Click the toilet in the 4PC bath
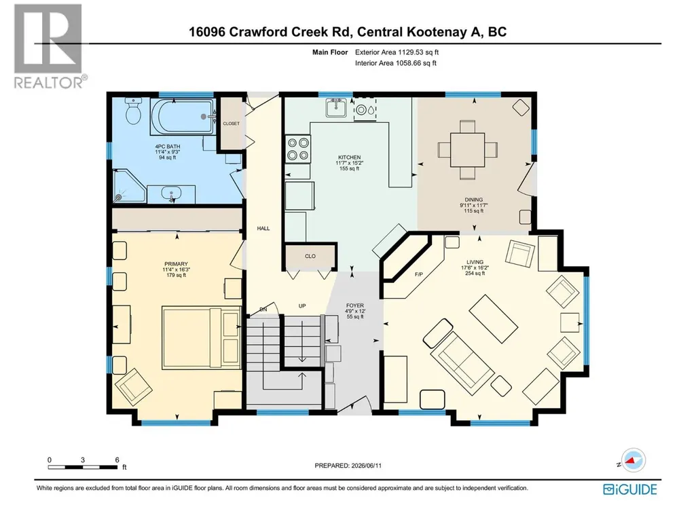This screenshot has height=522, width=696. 133,111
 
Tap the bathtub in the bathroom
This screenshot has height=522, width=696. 182,117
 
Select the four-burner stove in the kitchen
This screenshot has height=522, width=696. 298,149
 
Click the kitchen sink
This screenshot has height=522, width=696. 336,107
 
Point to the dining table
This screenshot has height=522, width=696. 467,149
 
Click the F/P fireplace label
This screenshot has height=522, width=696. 418,274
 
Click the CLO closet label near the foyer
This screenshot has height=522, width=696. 310,256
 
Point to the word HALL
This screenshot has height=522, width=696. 263,229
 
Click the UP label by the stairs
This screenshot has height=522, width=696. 302,306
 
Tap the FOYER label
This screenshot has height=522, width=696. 355,305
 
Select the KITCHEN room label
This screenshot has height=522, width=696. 349,157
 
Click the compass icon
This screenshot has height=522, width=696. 634,460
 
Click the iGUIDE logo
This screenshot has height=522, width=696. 630,489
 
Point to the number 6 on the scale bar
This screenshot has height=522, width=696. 117,460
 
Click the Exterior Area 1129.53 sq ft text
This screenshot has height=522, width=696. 397,52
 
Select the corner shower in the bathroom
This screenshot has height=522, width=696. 129,185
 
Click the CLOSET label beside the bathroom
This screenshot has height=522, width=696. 232,124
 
